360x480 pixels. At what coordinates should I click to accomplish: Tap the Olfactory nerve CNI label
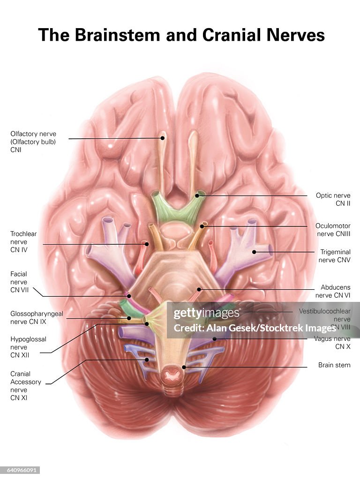pyautogui.click(x=33, y=142)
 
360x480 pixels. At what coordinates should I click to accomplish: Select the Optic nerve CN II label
pyautogui.click(x=333, y=199)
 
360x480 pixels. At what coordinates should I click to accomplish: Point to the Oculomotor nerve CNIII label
pyautogui.click(x=333, y=229)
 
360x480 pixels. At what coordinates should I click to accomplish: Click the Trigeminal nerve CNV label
pyautogui.click(x=335, y=255)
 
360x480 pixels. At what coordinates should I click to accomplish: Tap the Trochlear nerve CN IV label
pyautogui.click(x=23, y=241)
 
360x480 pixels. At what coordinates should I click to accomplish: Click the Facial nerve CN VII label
pyautogui.click(x=19, y=282)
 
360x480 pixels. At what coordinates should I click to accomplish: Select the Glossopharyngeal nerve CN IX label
pyautogui.click(x=37, y=317)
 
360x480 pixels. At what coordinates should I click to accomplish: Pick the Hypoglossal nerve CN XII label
pyautogui.click(x=28, y=347)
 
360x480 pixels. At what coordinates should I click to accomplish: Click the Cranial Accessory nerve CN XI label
pyautogui.click(x=26, y=386)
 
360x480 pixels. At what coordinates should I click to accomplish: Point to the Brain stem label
pyautogui.click(x=334, y=365)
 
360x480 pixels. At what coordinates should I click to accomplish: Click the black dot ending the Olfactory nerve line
pyautogui.click(x=163, y=138)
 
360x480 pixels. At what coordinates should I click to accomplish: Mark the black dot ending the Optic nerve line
pyautogui.click(x=197, y=195)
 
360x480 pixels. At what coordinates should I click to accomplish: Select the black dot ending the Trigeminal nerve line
pyautogui.click(x=255, y=252)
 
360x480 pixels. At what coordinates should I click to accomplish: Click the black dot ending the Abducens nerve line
pyautogui.click(x=199, y=289)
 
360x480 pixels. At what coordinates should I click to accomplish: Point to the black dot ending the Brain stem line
pyautogui.click(x=184, y=367)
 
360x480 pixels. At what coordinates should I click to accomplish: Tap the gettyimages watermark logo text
pyautogui.click(x=207, y=314)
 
